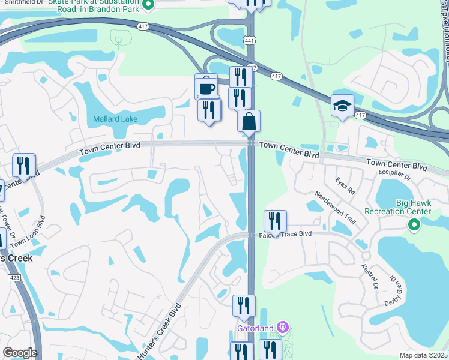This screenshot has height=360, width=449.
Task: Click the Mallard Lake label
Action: (x=115, y=119)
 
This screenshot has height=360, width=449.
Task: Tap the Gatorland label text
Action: (x=255, y=328)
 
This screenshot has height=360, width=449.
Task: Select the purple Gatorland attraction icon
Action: (x=283, y=328)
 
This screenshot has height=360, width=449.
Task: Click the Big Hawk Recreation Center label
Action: (x=397, y=207)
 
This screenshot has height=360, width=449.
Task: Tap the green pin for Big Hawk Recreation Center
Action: (x=413, y=226)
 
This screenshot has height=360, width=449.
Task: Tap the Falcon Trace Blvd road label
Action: (x=288, y=233)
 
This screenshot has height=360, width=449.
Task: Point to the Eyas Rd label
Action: (x=345, y=181)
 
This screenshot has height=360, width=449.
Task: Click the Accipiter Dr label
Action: (x=394, y=176)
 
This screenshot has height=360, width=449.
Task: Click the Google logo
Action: (x=20, y=353)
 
